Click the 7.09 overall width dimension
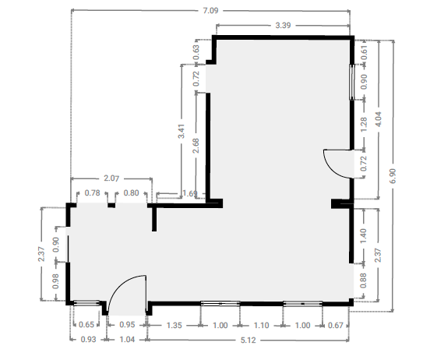coord(210,11)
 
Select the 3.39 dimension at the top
coord(283,26)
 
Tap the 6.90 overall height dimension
coord(393,176)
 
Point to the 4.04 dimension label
coord(379,119)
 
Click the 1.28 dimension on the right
coord(364,125)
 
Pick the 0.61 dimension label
coord(364,53)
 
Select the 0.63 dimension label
coord(196,52)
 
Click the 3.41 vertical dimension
coord(182,132)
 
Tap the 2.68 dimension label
coord(196,146)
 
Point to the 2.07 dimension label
coord(111,178)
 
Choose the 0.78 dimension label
coord(92,193)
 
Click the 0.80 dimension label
coord(131,193)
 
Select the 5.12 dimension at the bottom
coord(248,340)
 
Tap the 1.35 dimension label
coord(174,325)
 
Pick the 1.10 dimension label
coord(262,325)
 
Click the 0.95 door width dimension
coord(127,324)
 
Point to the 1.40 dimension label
coord(363,236)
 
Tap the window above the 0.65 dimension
coord(86,303)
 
